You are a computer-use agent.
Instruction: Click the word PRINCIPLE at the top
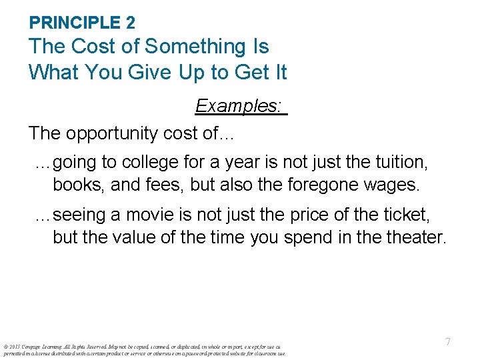[75, 23]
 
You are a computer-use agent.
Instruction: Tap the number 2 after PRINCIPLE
[130, 23]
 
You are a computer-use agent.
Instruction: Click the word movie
[142, 215]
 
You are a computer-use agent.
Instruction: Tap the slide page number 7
[448, 342]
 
